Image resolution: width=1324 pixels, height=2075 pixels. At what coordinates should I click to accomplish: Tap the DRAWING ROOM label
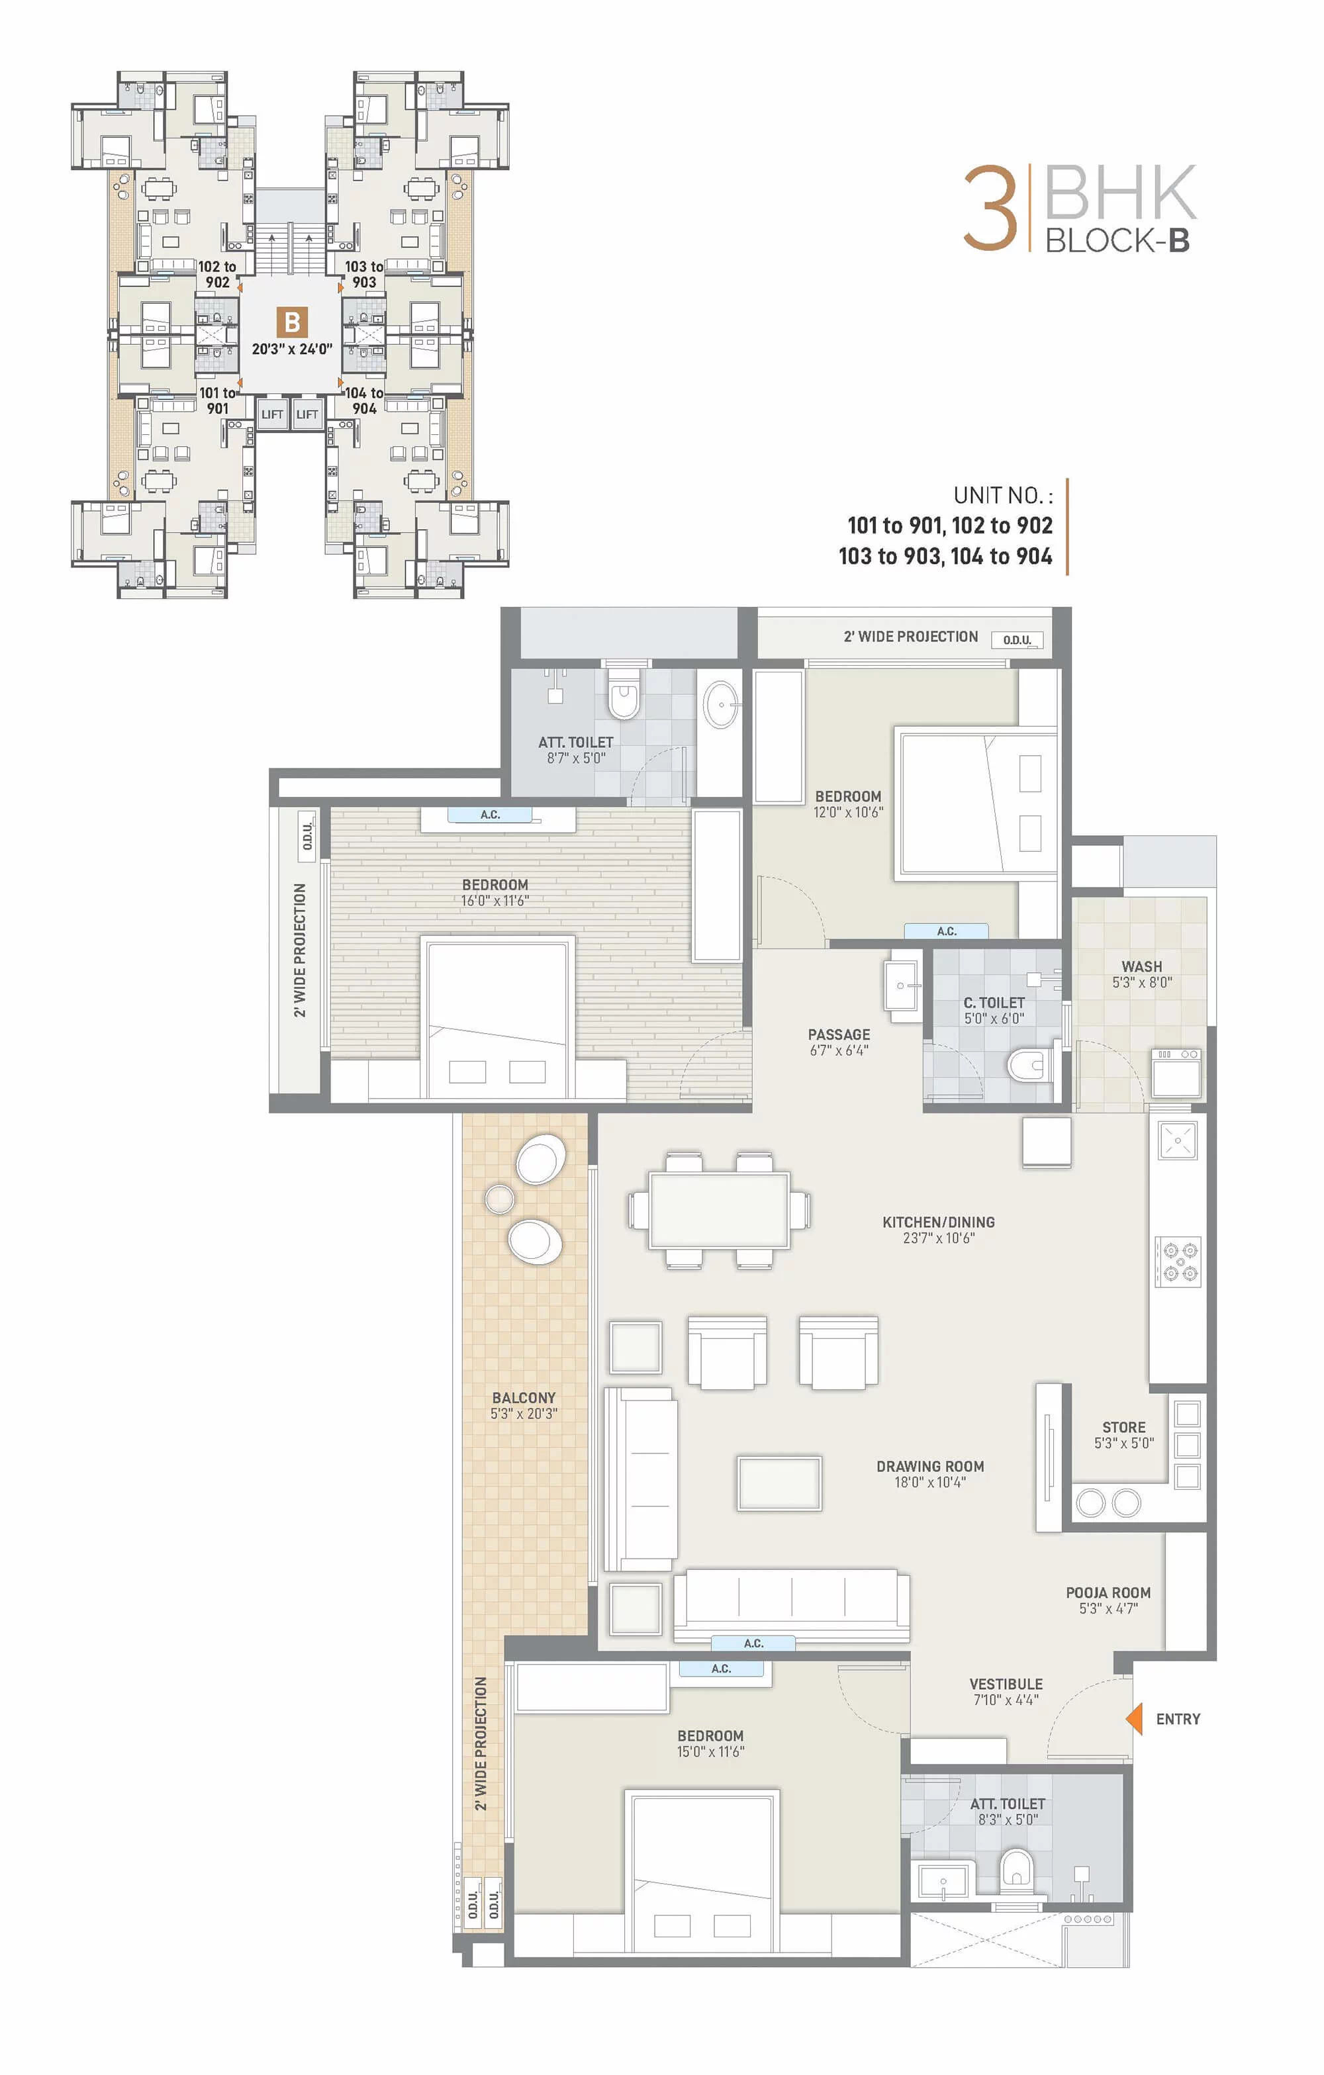click(930, 1467)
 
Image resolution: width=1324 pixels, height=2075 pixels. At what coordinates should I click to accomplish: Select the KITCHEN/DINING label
click(939, 1222)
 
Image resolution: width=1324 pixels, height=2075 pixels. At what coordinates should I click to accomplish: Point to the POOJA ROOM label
click(1108, 1592)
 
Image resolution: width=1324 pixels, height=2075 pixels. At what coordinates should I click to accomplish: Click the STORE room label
click(1124, 1427)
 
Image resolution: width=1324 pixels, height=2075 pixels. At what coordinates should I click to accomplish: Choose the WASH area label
click(1142, 967)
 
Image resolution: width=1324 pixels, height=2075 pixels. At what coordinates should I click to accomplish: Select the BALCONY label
click(524, 1398)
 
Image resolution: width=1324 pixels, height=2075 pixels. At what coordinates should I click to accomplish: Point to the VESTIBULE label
click(1006, 1684)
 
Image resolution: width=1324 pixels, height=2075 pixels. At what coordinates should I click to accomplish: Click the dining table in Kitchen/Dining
click(719, 1210)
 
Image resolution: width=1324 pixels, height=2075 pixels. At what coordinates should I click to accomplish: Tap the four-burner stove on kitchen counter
click(1178, 1262)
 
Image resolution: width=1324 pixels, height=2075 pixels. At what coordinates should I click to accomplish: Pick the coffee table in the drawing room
click(779, 1484)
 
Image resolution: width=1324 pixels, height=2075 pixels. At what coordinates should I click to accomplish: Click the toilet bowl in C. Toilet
click(1027, 1065)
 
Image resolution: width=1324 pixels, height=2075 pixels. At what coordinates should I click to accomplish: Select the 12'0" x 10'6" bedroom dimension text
click(848, 811)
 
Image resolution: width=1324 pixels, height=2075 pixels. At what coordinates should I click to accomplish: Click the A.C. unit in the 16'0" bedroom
click(490, 814)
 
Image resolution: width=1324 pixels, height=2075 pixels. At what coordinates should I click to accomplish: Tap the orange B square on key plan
click(292, 322)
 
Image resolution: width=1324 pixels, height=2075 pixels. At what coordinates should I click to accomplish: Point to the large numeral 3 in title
click(990, 208)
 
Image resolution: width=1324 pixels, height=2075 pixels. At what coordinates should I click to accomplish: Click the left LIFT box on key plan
click(271, 414)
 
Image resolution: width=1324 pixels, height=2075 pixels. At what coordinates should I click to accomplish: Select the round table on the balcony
click(499, 1198)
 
